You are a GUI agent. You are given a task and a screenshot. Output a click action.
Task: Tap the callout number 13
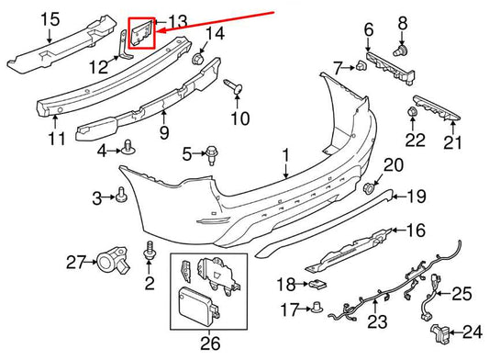[x=176, y=21]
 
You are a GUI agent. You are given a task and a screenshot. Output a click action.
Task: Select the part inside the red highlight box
[x=143, y=34]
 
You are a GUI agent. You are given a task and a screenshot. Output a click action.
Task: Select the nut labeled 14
[x=197, y=59]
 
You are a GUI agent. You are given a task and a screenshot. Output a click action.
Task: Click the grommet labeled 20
[x=372, y=188]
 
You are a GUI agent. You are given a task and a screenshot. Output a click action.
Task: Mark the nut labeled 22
[x=413, y=114]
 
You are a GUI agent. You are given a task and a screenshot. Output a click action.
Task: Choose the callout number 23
[x=377, y=346]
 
